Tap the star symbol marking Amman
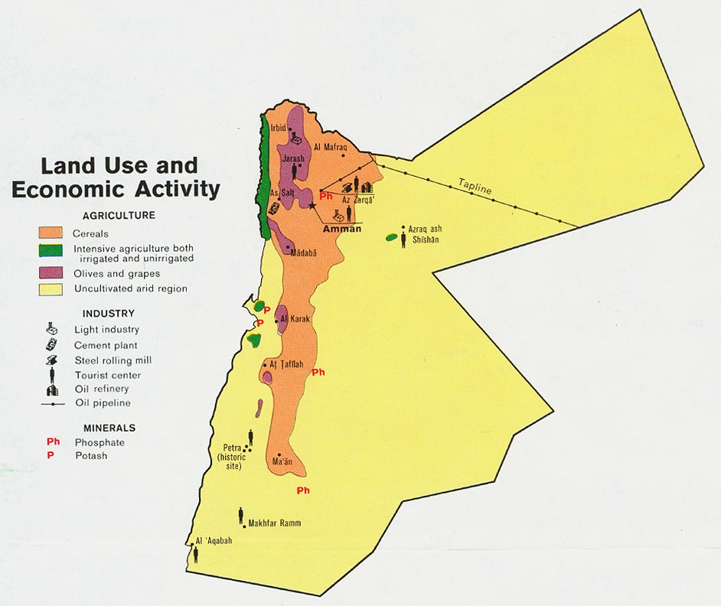(312, 207)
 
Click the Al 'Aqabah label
(214, 540)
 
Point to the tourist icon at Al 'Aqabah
(196, 554)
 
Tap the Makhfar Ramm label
(274, 523)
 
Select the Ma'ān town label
(282, 461)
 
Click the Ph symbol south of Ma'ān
(303, 490)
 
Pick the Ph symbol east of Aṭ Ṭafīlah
(319, 373)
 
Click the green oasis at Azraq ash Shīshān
(391, 237)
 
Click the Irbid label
(278, 128)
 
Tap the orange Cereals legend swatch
(50, 233)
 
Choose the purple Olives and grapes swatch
(50, 273)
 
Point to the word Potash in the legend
(90, 456)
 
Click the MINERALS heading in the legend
(109, 428)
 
